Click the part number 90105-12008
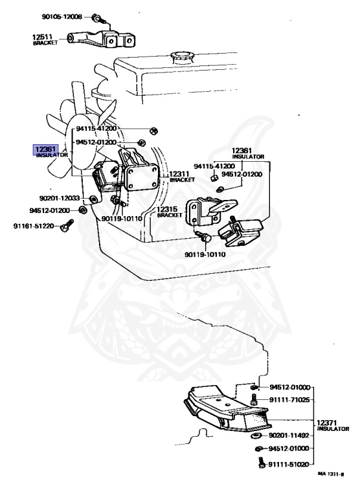click(x=62, y=16)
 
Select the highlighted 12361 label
click(x=46, y=149)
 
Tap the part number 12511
click(x=42, y=37)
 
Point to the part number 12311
click(x=179, y=174)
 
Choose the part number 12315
click(x=167, y=210)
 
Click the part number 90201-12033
click(x=60, y=199)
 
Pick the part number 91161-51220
click(x=34, y=226)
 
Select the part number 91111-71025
click(x=289, y=400)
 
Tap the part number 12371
click(x=327, y=423)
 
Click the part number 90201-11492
click(x=289, y=436)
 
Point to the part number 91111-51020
click(x=289, y=465)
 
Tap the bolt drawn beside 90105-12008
click(x=96, y=17)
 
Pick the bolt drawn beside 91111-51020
click(x=261, y=463)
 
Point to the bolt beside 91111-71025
click(x=254, y=399)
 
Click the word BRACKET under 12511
click(x=45, y=43)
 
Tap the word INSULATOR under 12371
click(x=333, y=429)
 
